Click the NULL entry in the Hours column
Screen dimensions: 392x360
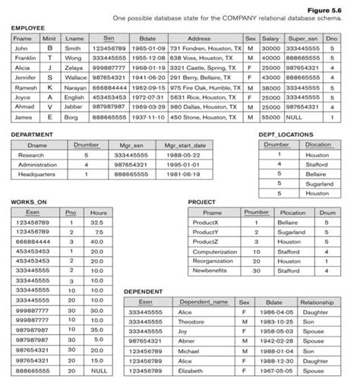[x=98, y=371]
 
